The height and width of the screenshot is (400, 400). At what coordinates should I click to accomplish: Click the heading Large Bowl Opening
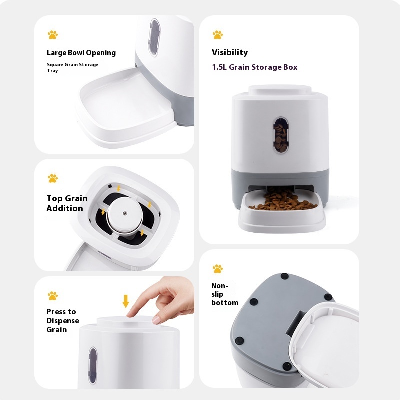point(81,53)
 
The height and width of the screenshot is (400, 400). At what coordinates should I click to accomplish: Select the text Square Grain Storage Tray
point(72,68)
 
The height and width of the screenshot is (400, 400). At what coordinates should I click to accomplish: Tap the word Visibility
point(229,52)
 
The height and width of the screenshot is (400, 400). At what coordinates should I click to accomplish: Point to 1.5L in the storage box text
point(219,67)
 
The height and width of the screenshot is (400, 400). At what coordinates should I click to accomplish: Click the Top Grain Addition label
point(67,203)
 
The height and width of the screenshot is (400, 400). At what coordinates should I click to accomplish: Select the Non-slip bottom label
point(224,294)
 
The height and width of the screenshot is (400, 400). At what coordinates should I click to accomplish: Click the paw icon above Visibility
point(218,35)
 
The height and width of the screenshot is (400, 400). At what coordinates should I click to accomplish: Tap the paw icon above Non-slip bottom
point(218,269)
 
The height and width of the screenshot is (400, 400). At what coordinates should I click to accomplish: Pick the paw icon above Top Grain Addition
point(53,178)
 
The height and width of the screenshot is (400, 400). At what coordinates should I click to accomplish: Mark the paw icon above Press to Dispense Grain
point(53,296)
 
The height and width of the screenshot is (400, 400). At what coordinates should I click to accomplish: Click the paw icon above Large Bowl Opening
point(53,35)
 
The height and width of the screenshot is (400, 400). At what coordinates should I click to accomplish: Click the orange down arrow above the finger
point(126,301)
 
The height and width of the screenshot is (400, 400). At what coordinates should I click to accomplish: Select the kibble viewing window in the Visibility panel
point(280,134)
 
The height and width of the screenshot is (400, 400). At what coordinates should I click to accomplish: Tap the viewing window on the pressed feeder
point(93,364)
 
